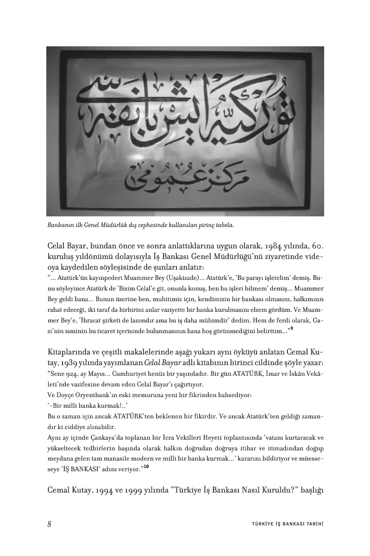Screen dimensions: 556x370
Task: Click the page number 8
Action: [49, 524]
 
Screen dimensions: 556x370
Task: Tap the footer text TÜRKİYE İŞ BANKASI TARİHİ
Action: [284, 524]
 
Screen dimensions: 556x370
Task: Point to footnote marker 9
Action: [292, 329]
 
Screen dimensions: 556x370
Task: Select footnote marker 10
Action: [146, 467]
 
